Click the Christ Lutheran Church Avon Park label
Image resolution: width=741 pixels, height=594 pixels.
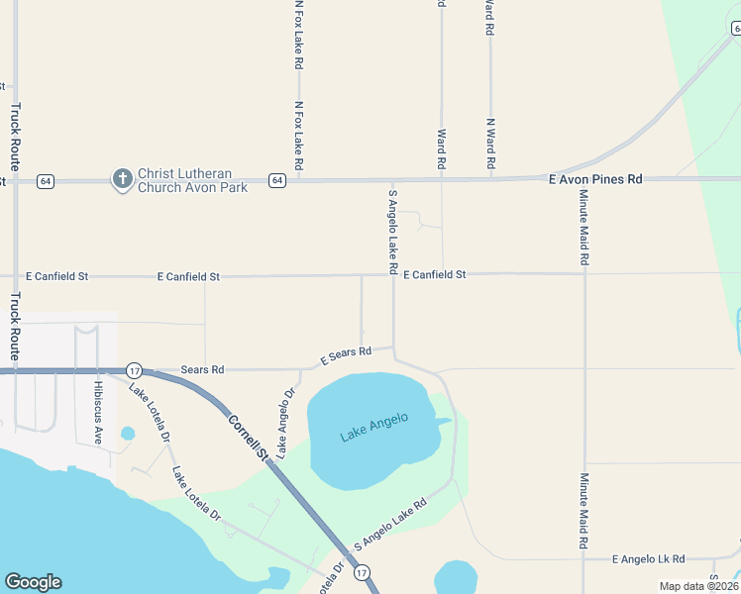(192, 180)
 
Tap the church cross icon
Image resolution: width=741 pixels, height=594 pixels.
(122, 179)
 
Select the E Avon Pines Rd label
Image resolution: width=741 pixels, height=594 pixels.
(594, 179)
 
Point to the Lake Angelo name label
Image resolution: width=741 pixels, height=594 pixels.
(374, 428)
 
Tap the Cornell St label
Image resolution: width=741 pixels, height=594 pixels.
(249, 438)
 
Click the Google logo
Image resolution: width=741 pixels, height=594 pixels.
(33, 582)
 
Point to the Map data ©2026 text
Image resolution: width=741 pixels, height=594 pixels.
(697, 586)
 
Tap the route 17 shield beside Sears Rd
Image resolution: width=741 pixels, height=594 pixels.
(135, 370)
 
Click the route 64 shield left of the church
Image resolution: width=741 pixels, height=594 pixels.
(45, 180)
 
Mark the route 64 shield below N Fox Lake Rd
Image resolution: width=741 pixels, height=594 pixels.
(277, 180)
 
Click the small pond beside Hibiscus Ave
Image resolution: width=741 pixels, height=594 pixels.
(127, 433)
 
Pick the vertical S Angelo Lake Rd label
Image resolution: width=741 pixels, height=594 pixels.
(393, 232)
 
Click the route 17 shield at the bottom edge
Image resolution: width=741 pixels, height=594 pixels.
(363, 572)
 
